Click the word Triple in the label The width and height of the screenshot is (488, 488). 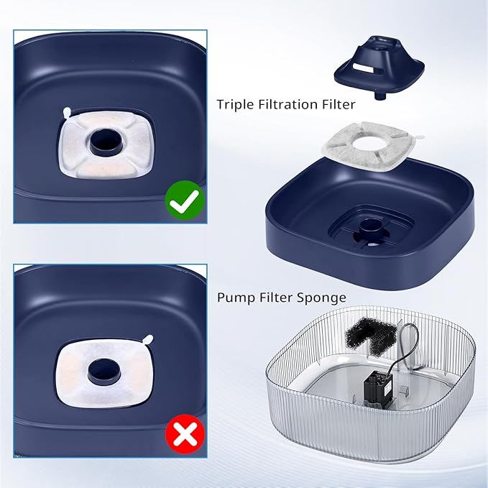pyautogui.click(x=236, y=105)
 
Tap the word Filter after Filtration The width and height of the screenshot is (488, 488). pyautogui.click(x=338, y=105)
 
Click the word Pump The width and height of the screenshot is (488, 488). pyautogui.click(x=234, y=297)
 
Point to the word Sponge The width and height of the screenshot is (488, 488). pyautogui.click(x=324, y=297)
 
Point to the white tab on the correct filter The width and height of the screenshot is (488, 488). pyautogui.click(x=67, y=112)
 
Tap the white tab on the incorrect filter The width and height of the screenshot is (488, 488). pyautogui.click(x=148, y=339)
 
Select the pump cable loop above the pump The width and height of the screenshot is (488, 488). pyautogui.click(x=409, y=338)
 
